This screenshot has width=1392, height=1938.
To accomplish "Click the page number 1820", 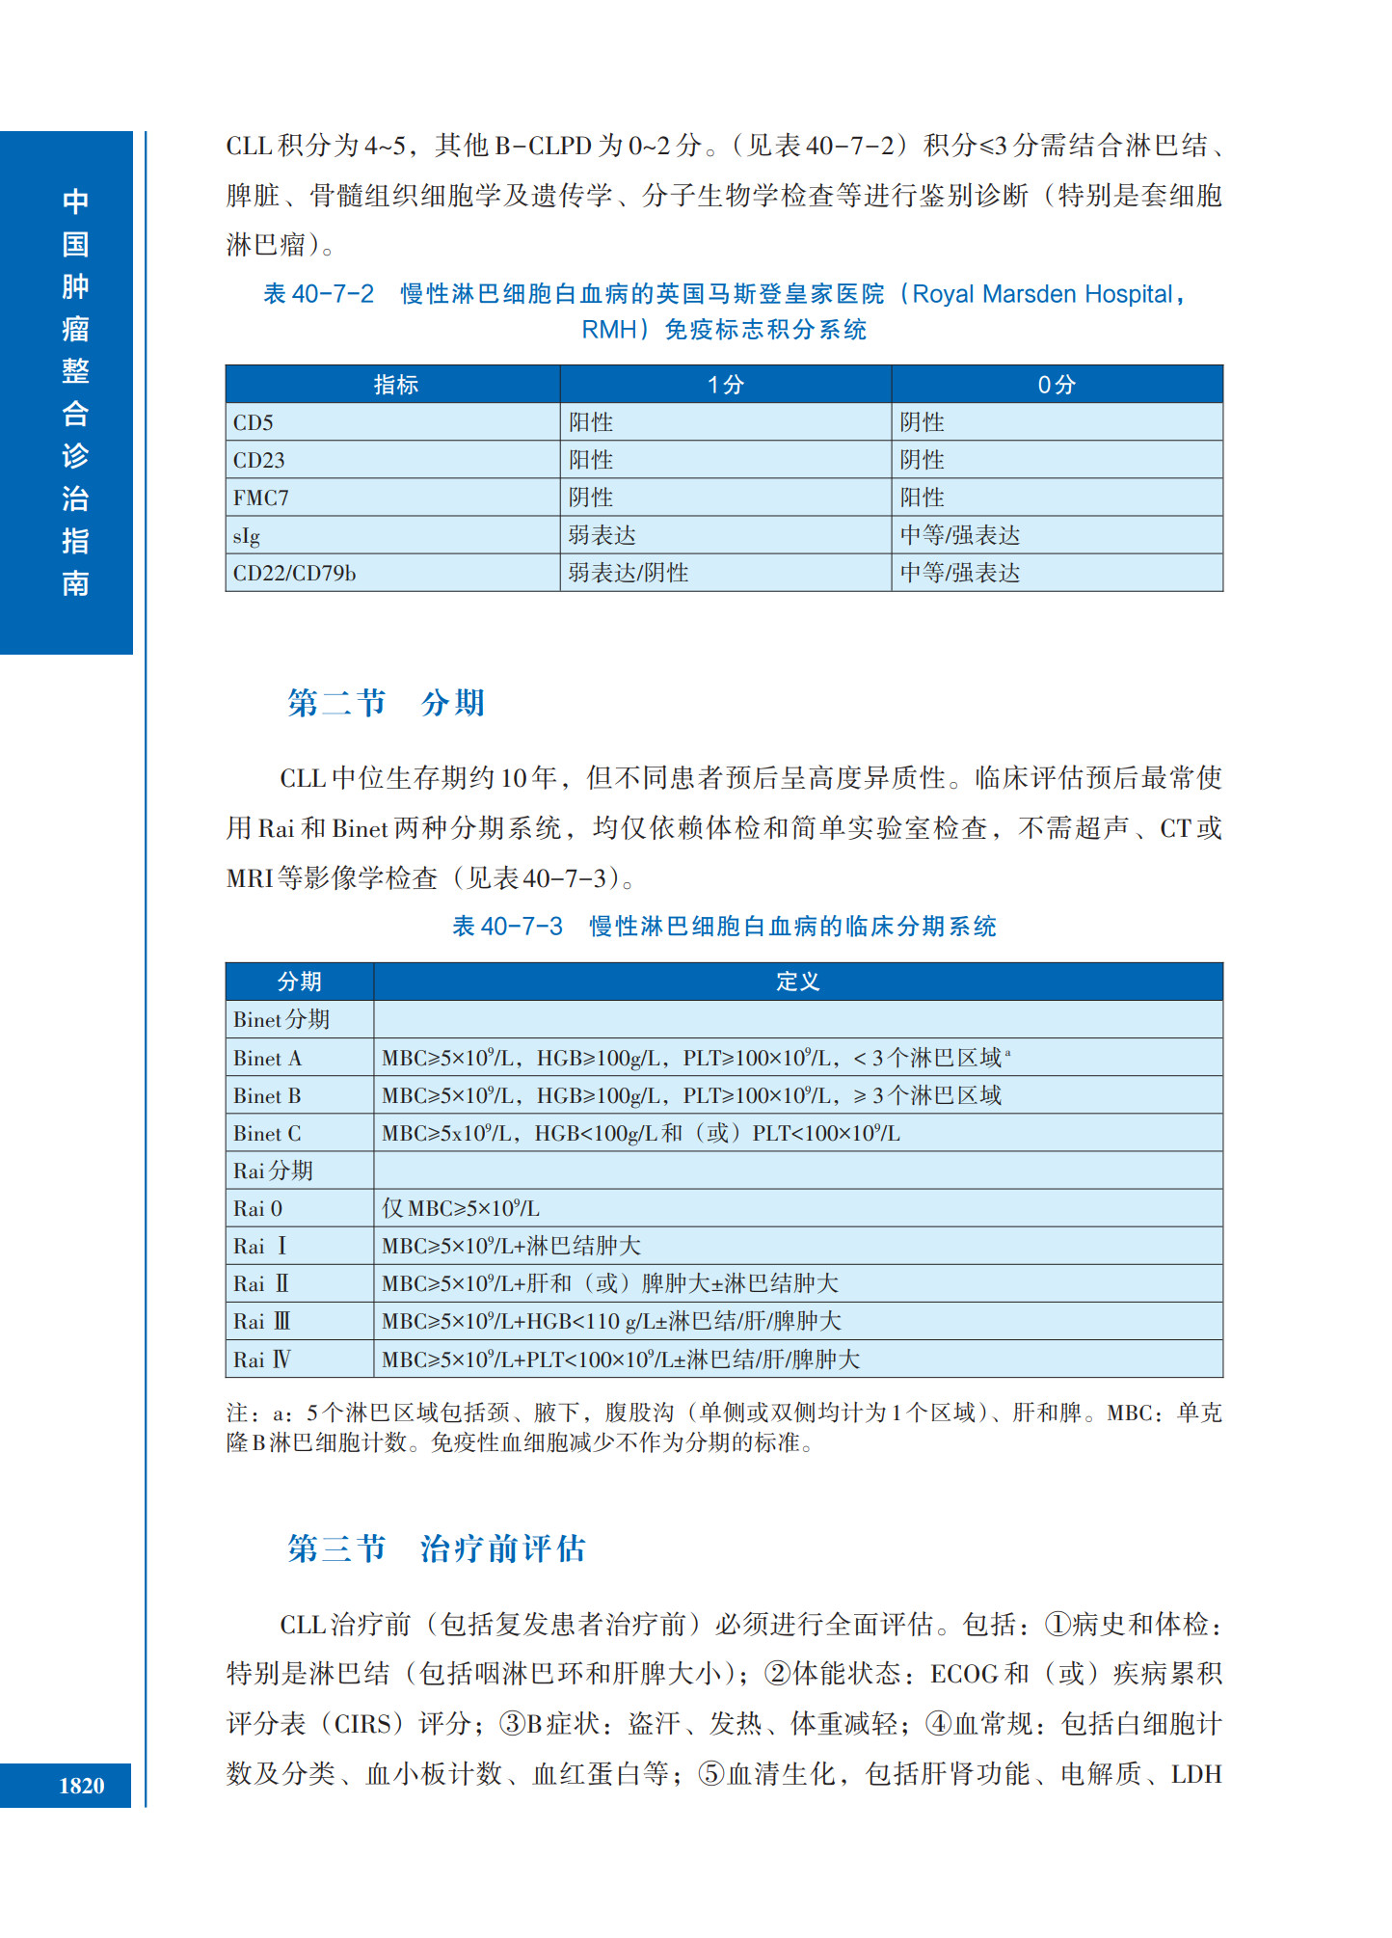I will click(x=81, y=1786).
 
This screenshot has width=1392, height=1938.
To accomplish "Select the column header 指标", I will click(x=395, y=385).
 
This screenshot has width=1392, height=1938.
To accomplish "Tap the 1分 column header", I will click(x=725, y=385).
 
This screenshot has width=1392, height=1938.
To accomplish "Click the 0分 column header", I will click(x=1057, y=385).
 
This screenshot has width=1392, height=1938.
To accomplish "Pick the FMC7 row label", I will click(x=261, y=498).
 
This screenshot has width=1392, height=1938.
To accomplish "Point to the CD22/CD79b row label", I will click(x=294, y=573).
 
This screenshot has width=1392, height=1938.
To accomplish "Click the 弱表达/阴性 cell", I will click(x=628, y=573).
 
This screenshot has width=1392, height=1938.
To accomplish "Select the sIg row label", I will click(x=247, y=535).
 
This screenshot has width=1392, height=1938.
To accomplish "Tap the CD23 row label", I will click(x=258, y=460).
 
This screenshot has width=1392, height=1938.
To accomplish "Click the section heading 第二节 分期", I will click(x=386, y=703).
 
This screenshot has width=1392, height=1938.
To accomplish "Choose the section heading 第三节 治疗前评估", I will click(x=436, y=1548).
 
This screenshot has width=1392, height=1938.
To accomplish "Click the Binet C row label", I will click(x=267, y=1133).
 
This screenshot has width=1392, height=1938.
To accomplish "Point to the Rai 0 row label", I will click(x=257, y=1208).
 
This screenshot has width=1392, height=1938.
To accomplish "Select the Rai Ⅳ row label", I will click(x=261, y=1359).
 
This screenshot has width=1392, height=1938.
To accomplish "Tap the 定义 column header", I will click(x=797, y=982).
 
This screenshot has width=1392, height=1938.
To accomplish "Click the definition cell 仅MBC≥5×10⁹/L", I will click(x=461, y=1208).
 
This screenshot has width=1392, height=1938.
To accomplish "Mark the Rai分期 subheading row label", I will click(x=273, y=1171).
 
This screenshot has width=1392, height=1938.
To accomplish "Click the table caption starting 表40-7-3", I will click(x=724, y=927).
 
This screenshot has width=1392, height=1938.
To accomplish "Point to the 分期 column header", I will click(x=299, y=982).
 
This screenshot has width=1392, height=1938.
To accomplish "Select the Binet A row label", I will click(x=267, y=1058).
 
